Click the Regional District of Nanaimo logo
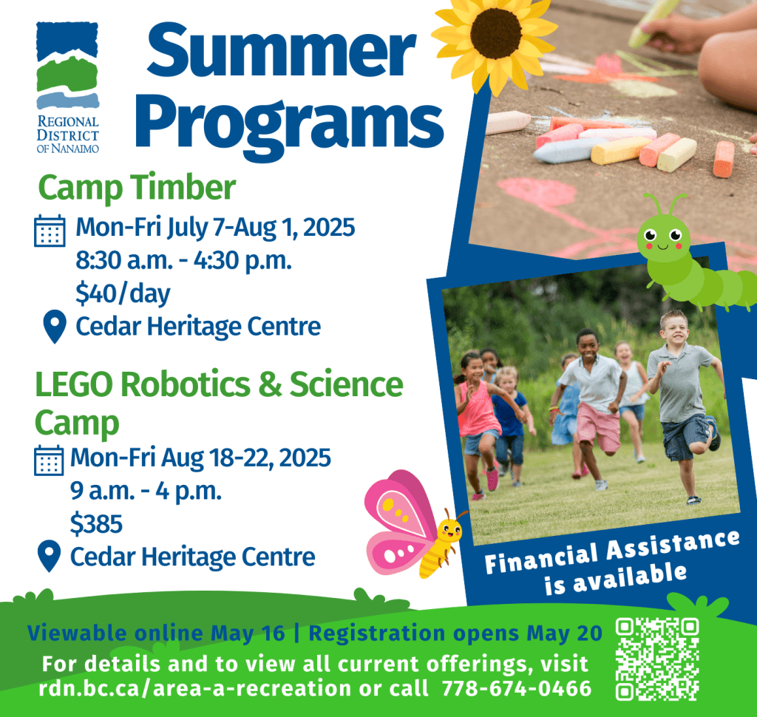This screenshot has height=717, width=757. pyautogui.click(x=67, y=87)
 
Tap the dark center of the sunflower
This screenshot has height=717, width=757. pyautogui.click(x=496, y=33)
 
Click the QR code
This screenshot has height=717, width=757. pyautogui.click(x=657, y=659)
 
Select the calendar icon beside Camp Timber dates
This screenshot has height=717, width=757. pyautogui.click(x=50, y=231)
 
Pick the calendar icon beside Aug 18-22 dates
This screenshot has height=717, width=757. pyautogui.click(x=49, y=460)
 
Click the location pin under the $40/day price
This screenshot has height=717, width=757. pyautogui.click(x=55, y=327)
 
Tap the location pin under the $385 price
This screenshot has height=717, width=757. pyautogui.click(x=50, y=556)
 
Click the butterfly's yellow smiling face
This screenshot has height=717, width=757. pyautogui.click(x=449, y=531)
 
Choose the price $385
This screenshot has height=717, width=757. pyautogui.click(x=96, y=524)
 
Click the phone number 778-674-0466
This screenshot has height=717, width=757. pyautogui.click(x=517, y=688)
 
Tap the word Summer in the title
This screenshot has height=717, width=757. pyautogui.click(x=282, y=50)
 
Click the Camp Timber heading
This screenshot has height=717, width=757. pyautogui.click(x=137, y=187)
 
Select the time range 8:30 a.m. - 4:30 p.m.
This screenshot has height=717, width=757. pyautogui.click(x=183, y=261)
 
